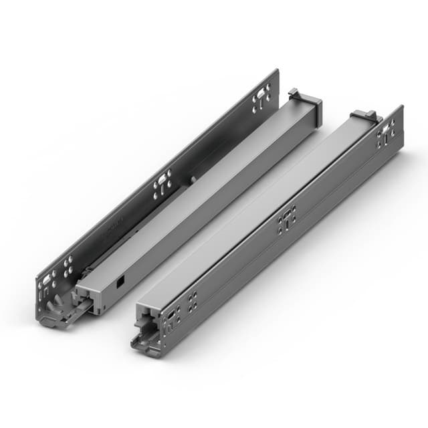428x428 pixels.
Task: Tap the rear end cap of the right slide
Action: click(x=364, y=116)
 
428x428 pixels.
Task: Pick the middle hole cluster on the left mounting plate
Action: click(x=163, y=185)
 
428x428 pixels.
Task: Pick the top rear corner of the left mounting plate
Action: click(x=276, y=71)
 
